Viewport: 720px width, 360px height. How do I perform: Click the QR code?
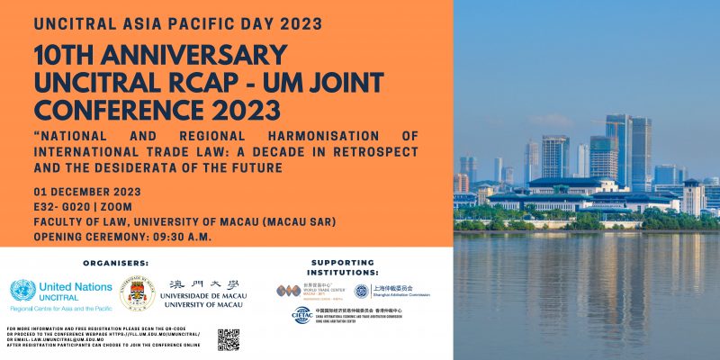coord(229,339)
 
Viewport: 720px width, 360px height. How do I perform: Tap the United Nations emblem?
coord(22,290)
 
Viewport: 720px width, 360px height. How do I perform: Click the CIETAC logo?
coord(302,315)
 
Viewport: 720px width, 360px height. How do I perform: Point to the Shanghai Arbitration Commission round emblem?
coord(361,291)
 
